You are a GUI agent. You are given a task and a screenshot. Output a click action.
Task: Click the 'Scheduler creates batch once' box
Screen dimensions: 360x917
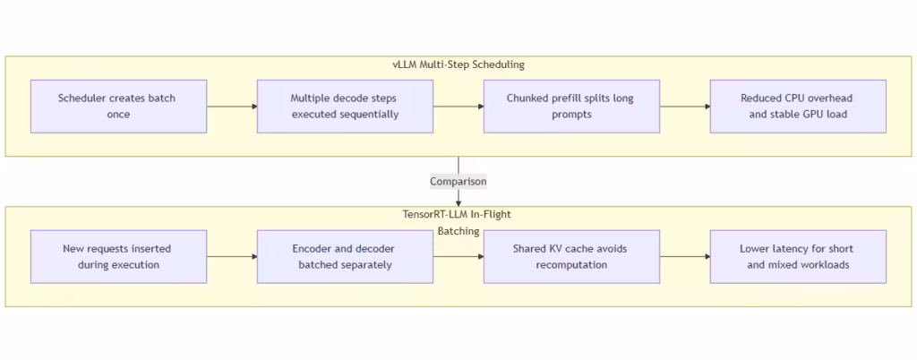pos(118,107)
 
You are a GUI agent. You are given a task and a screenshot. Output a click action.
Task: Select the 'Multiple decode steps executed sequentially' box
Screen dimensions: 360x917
pos(345,107)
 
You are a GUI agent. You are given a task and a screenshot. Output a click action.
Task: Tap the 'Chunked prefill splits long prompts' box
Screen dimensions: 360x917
pos(571,107)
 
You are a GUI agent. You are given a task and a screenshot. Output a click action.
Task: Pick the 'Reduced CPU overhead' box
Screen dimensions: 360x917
pos(798,107)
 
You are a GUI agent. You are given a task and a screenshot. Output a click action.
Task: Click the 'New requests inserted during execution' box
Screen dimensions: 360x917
pos(118,257)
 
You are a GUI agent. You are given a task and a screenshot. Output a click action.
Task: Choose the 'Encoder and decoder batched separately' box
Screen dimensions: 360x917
pos(345,257)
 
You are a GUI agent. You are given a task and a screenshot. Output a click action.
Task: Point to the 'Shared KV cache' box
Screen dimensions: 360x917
pos(571,257)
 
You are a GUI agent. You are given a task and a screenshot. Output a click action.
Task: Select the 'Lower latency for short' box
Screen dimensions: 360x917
pos(798,257)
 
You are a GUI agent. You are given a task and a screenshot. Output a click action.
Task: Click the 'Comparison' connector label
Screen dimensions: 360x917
pos(458,182)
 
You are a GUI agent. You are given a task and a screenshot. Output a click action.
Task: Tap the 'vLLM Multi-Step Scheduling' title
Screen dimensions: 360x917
pos(458,64)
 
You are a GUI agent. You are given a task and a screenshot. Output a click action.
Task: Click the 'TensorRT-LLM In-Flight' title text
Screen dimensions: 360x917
pos(458,215)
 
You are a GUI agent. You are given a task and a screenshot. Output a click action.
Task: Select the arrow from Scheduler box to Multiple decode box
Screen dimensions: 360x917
pos(232,107)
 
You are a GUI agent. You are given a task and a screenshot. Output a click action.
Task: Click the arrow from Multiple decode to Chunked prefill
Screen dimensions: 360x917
pos(458,107)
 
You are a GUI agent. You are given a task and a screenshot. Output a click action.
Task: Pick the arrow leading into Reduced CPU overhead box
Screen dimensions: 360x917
pos(685,107)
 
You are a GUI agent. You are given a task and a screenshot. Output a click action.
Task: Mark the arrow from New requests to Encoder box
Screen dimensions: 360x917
pos(232,257)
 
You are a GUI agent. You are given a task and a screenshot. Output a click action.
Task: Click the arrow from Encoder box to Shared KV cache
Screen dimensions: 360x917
pos(458,257)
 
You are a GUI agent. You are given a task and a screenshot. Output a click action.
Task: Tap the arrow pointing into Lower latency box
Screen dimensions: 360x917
pos(685,257)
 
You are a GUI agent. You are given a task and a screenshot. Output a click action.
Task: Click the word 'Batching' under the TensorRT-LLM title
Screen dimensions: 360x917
pos(458,231)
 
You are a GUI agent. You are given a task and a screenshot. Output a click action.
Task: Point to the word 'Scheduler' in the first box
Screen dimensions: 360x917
pos(82,99)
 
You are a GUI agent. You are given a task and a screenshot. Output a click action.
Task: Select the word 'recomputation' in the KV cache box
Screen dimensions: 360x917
pos(571,265)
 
